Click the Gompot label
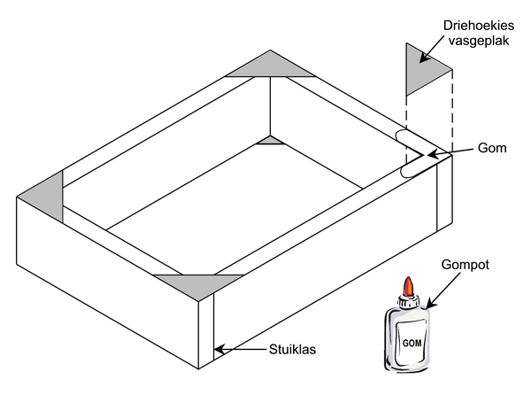(x=466, y=263)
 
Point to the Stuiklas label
(x=293, y=348)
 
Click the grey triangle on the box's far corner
(x=266, y=66)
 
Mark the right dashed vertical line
(x=454, y=111)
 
